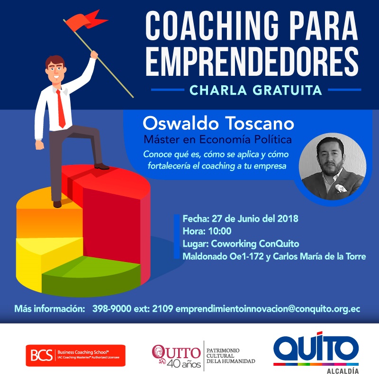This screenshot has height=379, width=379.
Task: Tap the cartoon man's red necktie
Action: click(61, 108)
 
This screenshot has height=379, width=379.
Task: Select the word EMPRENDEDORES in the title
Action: click(252, 61)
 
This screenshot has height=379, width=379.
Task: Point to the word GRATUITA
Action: click(287, 90)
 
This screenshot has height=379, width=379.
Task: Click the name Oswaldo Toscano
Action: click(218, 123)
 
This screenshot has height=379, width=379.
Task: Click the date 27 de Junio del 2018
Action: click(255, 218)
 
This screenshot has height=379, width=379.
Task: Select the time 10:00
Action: click(220, 231)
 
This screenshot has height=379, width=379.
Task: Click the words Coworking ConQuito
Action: click(255, 244)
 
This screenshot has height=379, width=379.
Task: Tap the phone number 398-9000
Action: click(112, 309)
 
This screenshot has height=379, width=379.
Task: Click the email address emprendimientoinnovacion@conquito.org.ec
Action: click(268, 309)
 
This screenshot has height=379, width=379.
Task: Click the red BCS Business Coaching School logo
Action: click(76, 355)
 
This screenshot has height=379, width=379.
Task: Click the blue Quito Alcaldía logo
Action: click(316, 352)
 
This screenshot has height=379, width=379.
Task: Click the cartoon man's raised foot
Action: click(101, 166)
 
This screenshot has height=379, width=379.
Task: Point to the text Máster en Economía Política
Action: click(218, 139)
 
